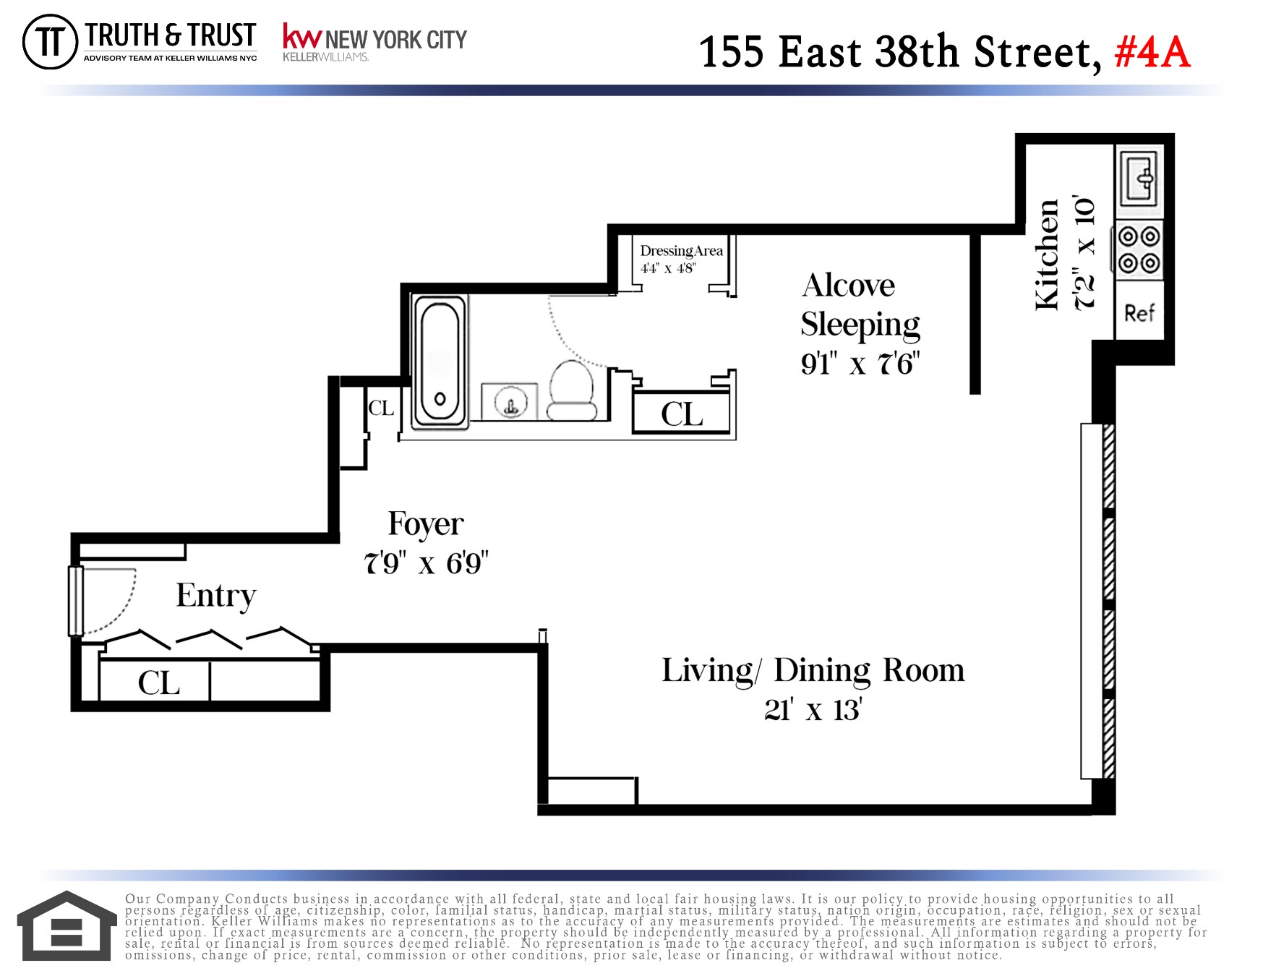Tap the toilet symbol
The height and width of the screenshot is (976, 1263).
tap(573, 390)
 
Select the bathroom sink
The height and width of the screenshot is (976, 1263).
tap(510, 402)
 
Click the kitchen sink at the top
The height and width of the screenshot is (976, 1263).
tap(1140, 176)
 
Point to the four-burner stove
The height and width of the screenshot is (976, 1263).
tap(1139, 249)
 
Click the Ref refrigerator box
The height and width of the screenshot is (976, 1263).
tap(1139, 312)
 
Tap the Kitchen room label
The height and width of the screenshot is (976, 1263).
tap(1047, 254)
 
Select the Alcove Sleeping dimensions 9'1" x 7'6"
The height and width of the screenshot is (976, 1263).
tap(860, 364)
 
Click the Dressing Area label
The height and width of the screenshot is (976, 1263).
tap(681, 251)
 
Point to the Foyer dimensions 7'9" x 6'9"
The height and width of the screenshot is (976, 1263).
tap(426, 563)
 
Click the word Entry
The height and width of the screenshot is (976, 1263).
tap(215, 596)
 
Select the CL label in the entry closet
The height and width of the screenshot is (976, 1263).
tap(158, 683)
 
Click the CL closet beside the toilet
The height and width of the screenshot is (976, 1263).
tap(681, 414)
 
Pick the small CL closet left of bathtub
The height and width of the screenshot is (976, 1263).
tap(380, 408)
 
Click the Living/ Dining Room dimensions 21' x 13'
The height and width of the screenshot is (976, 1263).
tap(813, 710)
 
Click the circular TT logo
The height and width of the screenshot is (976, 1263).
tap(50, 42)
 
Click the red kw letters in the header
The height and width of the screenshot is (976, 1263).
tap(301, 37)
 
